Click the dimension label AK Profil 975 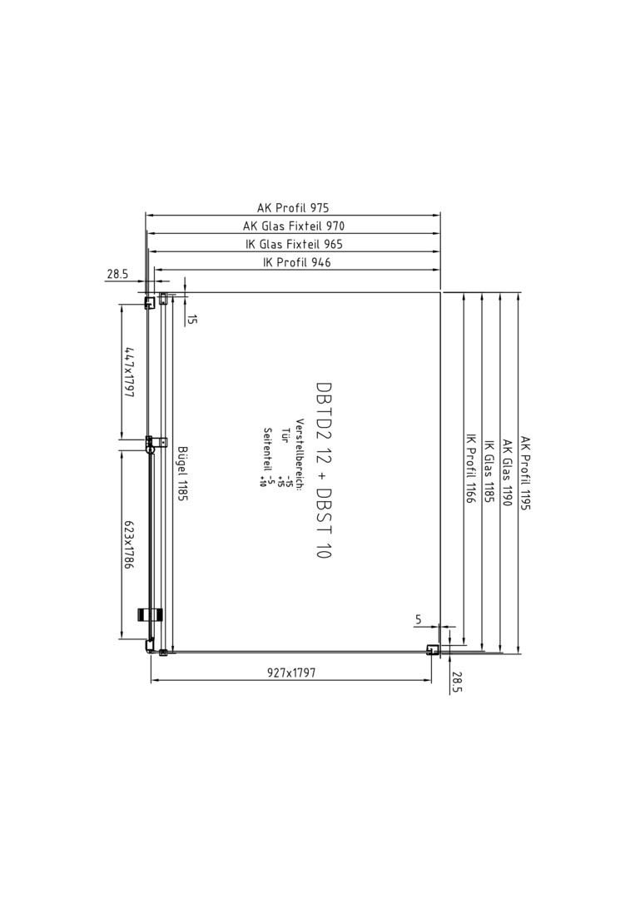click(293, 207)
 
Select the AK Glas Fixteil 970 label click(294, 226)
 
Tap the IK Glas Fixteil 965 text click(294, 244)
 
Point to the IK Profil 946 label click(296, 262)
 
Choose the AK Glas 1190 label click(508, 473)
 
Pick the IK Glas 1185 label click(489, 472)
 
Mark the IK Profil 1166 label click(470, 469)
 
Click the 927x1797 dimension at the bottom click(291, 673)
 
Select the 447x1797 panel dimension click(130, 372)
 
